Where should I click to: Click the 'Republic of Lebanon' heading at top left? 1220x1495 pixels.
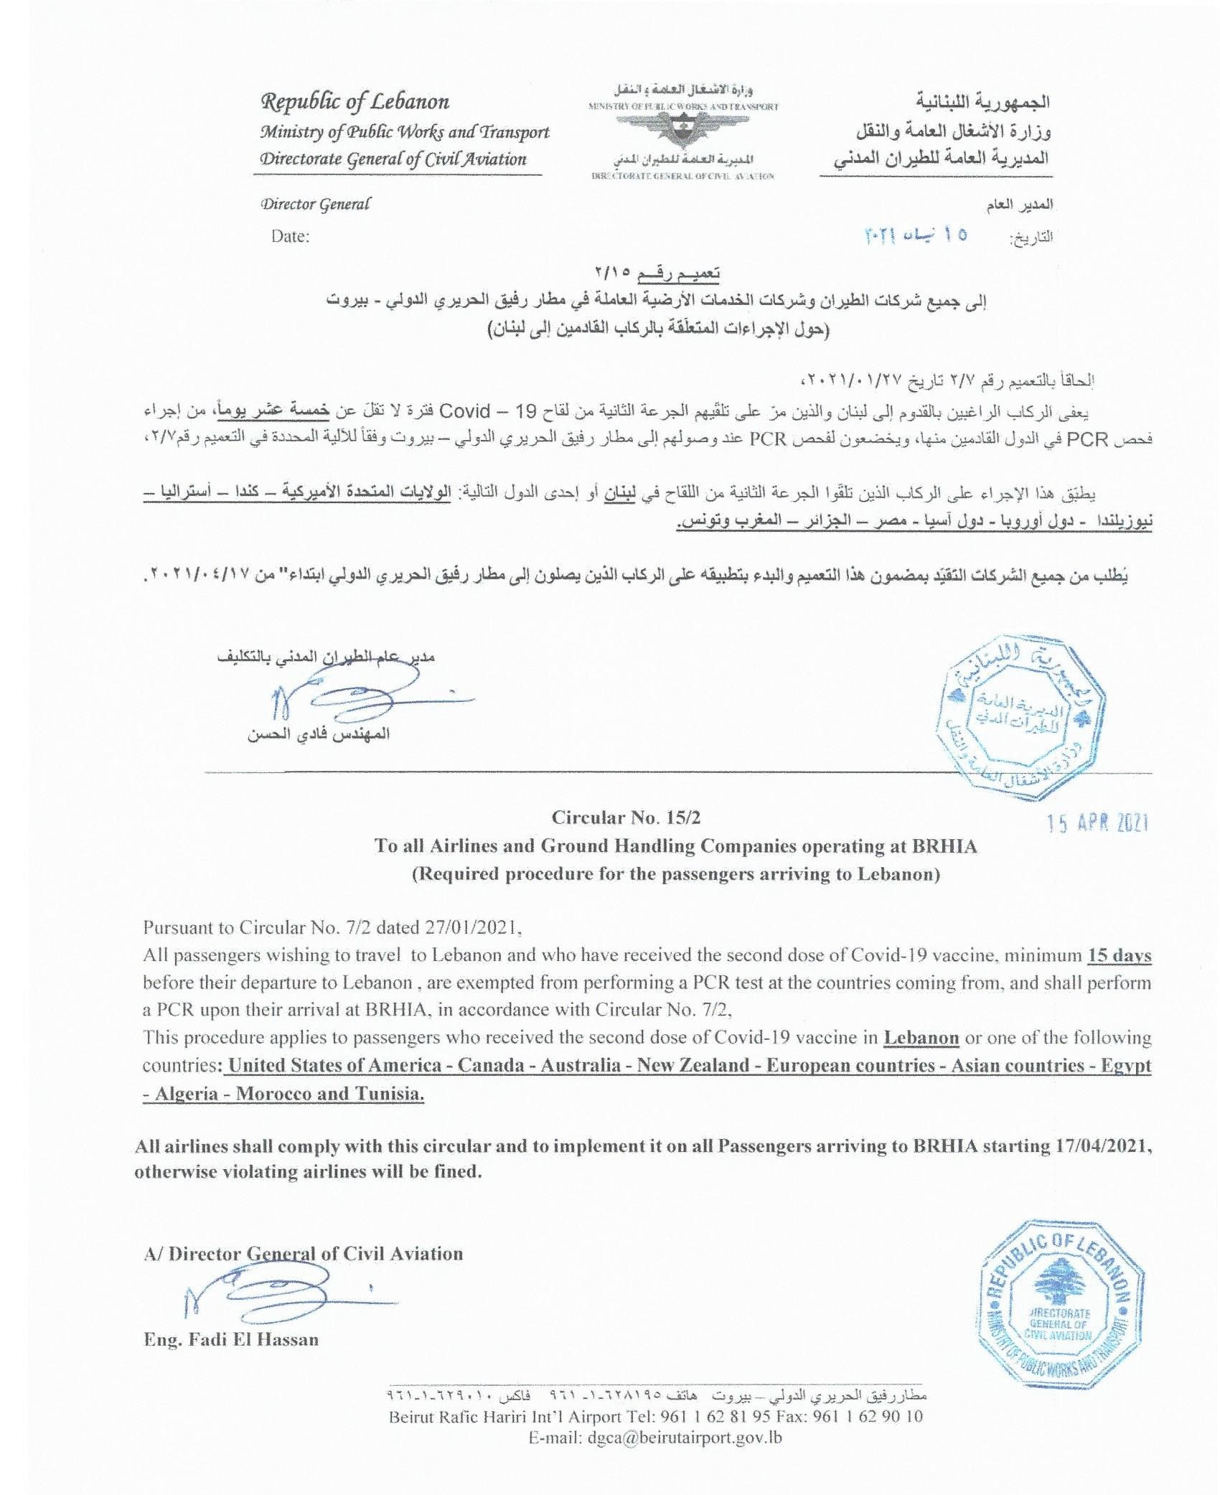(355, 102)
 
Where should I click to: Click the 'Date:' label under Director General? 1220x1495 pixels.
(290, 236)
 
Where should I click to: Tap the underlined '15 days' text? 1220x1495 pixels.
(1120, 955)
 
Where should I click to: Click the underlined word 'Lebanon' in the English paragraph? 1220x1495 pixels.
(921, 1037)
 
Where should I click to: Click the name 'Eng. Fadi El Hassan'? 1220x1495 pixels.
(230, 1339)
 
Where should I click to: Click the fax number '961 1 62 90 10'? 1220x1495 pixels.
(870, 1416)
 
